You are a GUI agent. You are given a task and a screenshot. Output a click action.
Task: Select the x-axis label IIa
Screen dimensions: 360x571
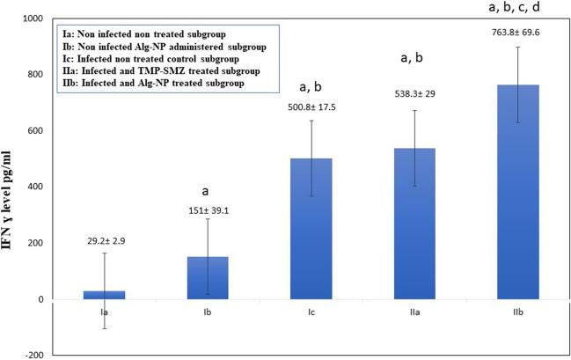(419, 311)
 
